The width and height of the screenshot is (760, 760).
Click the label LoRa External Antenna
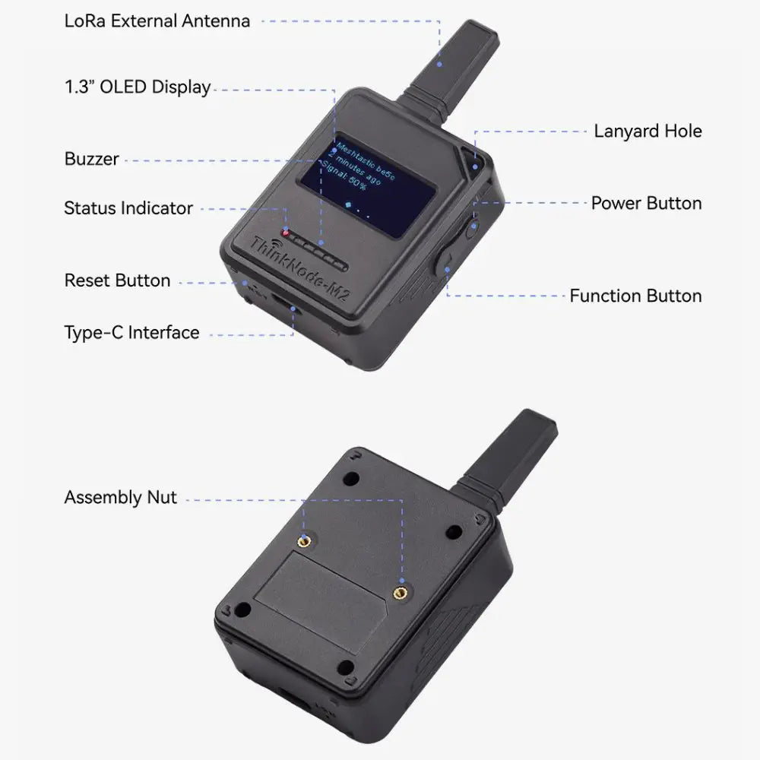pos(157,21)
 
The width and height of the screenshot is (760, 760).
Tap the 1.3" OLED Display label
pos(138,87)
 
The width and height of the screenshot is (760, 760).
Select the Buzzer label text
pos(91,159)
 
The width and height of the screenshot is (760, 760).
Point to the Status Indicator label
pos(128,208)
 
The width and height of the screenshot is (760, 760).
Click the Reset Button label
pos(117,280)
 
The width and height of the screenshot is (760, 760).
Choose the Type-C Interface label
pos(131,332)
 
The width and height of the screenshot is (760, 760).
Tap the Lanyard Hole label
pos(648,131)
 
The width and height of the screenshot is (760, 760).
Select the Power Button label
pos(646,203)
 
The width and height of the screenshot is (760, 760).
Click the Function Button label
pos(635,296)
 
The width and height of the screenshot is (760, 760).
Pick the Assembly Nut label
pos(120,498)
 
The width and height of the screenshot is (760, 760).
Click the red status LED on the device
pos(287,233)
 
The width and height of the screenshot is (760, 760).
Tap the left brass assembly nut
pos(304,540)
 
